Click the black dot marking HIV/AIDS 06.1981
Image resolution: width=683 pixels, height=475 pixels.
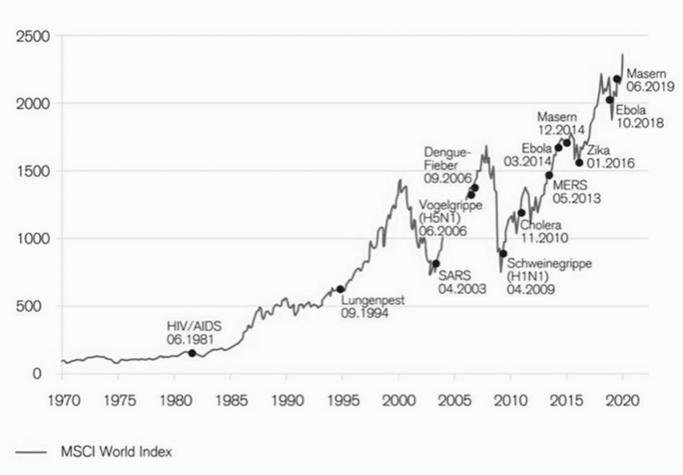192,353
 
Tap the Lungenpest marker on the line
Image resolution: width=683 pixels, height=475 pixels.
341,289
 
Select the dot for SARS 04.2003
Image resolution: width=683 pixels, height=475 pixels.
436,264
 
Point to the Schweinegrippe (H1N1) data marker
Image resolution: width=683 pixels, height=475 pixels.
503,254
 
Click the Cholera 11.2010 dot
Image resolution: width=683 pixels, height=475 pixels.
522,213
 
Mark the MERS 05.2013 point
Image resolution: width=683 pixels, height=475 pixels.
549,176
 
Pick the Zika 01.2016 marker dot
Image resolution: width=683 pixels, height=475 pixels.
579,162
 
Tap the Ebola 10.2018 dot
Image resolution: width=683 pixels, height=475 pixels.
609,100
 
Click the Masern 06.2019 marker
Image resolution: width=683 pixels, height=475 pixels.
617,79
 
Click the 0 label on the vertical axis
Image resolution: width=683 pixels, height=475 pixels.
37,374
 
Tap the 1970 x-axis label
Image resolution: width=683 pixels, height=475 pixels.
62,401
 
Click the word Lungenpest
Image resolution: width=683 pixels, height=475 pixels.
373,301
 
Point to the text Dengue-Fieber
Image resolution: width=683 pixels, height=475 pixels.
448,158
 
